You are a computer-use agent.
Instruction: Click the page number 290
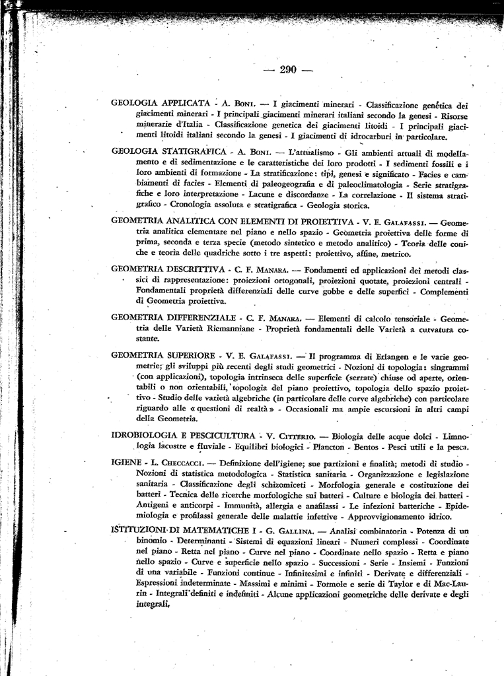click(x=288, y=70)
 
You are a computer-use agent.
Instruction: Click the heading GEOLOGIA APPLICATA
click(x=161, y=104)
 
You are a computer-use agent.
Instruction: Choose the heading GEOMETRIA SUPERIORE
click(x=163, y=355)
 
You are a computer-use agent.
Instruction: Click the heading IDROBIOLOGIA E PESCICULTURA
click(x=183, y=436)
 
